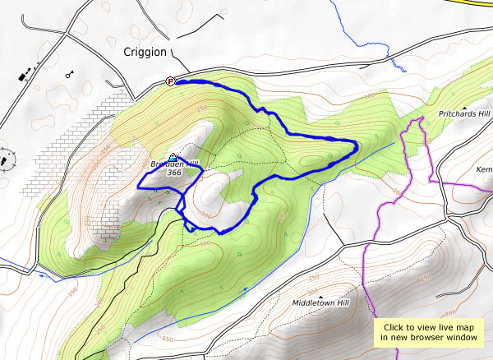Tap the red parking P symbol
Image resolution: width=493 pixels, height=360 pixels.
[171, 81]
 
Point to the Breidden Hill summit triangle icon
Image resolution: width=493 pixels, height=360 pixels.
[172, 156]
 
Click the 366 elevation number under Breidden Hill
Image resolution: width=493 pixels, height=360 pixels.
[173, 173]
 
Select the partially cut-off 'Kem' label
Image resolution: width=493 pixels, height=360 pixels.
[484, 169]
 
